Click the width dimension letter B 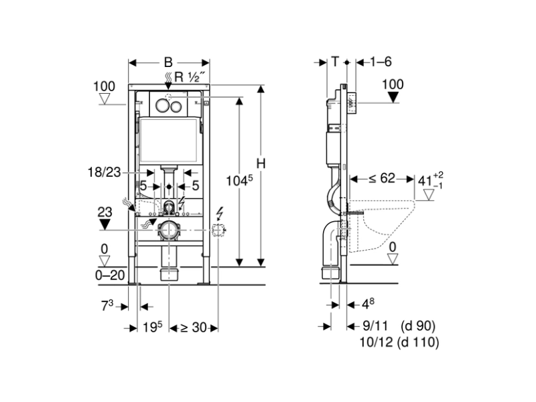click(168, 62)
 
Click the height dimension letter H click(261, 163)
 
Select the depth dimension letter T click(335, 62)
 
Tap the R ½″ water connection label click(190, 77)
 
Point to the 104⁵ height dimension click(239, 180)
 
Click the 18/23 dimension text click(105, 172)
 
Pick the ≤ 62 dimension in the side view click(382, 178)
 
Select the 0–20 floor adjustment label click(110, 275)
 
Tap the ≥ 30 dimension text click(193, 328)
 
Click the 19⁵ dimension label click(153, 327)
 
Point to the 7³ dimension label click(107, 306)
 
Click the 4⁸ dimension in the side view click(368, 304)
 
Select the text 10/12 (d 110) click(399, 342)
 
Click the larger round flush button click(162, 106)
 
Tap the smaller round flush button click(176, 107)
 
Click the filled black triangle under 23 click(105, 224)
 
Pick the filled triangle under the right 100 click(393, 97)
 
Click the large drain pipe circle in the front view click(168, 230)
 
